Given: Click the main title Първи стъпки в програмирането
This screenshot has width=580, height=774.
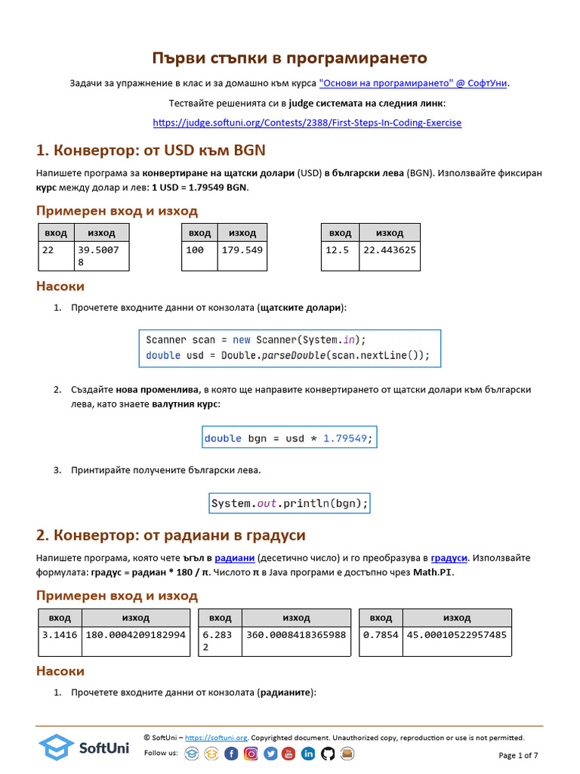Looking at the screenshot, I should (x=290, y=58).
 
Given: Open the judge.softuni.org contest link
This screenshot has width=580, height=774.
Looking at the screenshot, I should (x=307, y=122).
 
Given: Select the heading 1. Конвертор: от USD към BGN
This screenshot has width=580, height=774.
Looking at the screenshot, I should (x=150, y=149).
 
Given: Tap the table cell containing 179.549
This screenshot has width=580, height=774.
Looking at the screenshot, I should (x=242, y=250).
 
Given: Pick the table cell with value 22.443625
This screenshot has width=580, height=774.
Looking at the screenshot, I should (x=389, y=250).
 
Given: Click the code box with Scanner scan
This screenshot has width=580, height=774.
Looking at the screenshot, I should (x=289, y=348).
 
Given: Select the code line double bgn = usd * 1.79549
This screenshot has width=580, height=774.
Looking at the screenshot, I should (x=288, y=438).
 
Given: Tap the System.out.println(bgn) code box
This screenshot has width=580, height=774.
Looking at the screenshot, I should (x=289, y=503).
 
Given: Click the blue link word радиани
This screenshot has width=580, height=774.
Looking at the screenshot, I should (x=228, y=558).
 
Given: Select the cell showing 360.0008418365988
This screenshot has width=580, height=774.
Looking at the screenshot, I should (x=296, y=635).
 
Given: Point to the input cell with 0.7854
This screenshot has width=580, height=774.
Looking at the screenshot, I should (x=381, y=635).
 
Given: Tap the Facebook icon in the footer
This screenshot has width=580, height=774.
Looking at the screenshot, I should (x=231, y=754).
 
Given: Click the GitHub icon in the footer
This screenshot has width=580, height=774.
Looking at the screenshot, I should (x=328, y=754).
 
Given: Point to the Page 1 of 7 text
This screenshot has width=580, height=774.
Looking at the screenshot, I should (x=518, y=755).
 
